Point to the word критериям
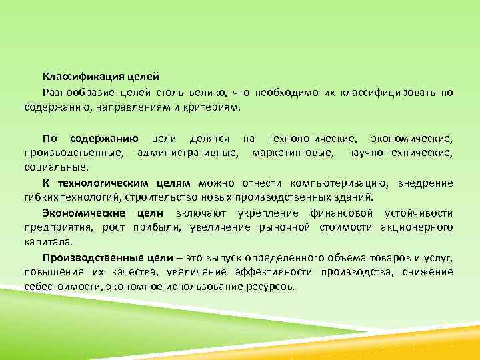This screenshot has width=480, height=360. click(x=217, y=106)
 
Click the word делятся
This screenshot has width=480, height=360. click(x=209, y=139)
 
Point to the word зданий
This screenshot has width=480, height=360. click(x=357, y=198)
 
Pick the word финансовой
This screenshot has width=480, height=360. click(x=341, y=213)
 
